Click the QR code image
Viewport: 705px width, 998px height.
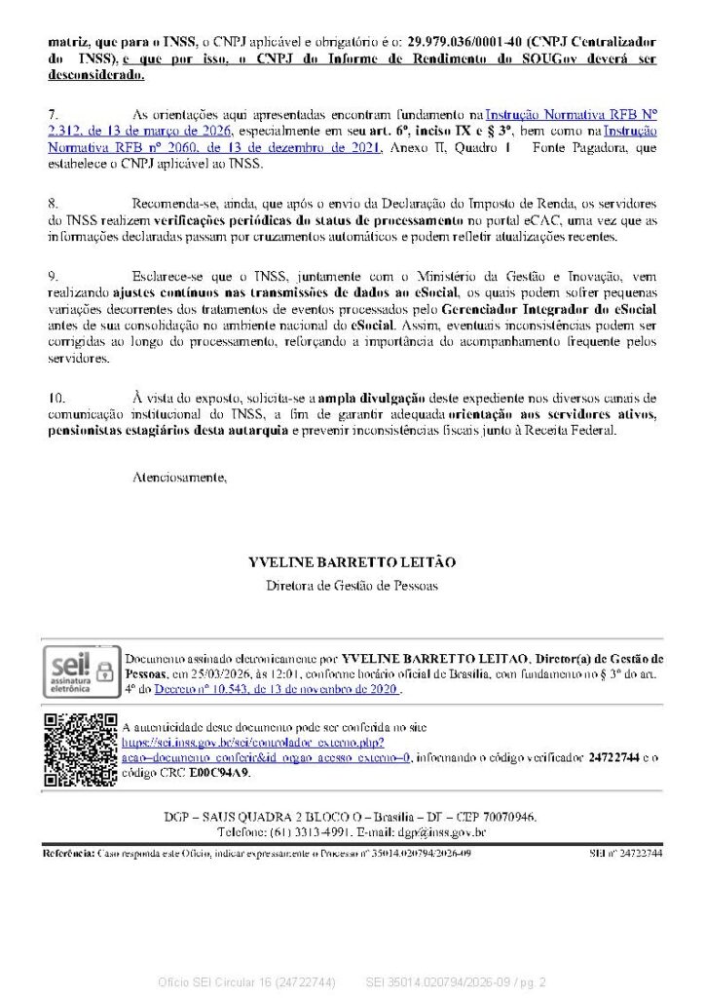point(81,749)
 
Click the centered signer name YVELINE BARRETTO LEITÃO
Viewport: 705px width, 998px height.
point(352,563)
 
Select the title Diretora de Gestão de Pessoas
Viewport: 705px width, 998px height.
point(352,586)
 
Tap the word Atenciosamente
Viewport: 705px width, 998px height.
point(179,478)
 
